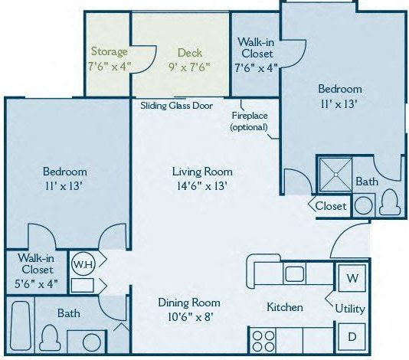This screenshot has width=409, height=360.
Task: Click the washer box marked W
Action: pos(352,277)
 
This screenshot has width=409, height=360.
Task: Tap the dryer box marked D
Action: pos(352,336)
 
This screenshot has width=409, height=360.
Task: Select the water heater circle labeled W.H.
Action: pos(82,264)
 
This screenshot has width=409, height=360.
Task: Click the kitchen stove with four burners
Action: pos(263,338)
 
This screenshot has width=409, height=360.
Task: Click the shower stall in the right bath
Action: pos(335,175)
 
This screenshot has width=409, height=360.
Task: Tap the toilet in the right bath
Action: pos(390,202)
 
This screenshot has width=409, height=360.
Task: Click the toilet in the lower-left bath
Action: pos(51,335)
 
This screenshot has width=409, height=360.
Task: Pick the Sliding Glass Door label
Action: pos(176,106)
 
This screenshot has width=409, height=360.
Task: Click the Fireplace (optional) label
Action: pos(250,121)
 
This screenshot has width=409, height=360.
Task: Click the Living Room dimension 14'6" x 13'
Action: pos(202,185)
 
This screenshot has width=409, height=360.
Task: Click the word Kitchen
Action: pos(284,307)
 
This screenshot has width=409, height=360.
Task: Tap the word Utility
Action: pos(350,309)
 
